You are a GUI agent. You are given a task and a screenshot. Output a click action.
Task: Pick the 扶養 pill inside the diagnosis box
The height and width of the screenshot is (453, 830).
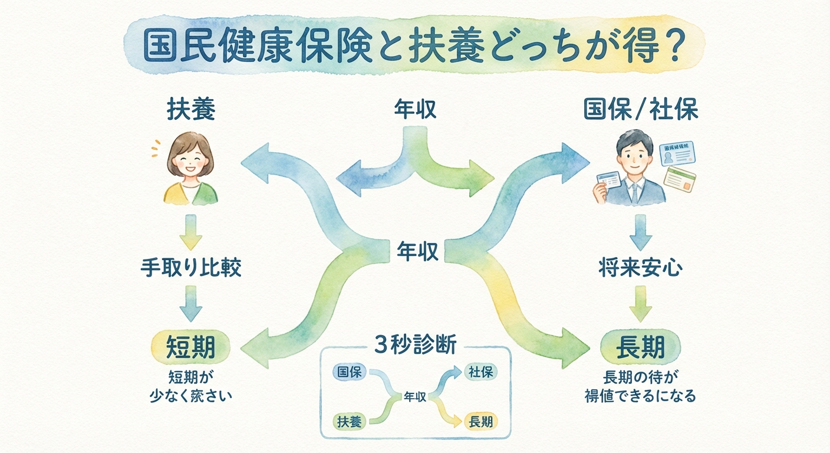(x=350, y=421)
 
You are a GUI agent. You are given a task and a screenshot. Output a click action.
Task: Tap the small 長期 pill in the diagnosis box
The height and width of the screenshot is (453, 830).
(x=480, y=421)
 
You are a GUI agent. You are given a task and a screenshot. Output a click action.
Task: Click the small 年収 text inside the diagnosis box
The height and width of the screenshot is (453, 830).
(x=415, y=397)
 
